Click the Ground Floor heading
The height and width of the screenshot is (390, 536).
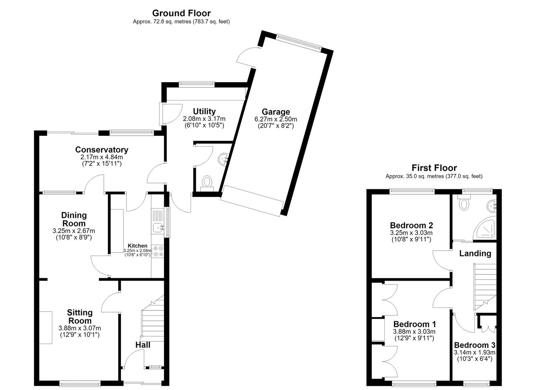181,13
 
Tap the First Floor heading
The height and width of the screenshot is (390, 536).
434,168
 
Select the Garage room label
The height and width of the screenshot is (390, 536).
276,111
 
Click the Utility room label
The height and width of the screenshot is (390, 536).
204,111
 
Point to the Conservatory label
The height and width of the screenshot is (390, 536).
102,150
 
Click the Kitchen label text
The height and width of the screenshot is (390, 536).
137,245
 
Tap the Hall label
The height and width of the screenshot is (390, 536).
143,345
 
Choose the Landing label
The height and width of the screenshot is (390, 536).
475,253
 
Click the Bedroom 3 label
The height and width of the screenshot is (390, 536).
474,345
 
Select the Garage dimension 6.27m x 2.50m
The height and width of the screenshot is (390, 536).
276,119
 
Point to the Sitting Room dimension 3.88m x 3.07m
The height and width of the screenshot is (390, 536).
80,328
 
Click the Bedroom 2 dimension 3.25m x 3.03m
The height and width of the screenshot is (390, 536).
411,233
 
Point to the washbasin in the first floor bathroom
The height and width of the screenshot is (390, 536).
492,207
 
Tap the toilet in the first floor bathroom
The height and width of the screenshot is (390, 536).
464,203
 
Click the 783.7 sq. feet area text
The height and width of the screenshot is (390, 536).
211,22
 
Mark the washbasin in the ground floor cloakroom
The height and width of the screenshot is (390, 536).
223,159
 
